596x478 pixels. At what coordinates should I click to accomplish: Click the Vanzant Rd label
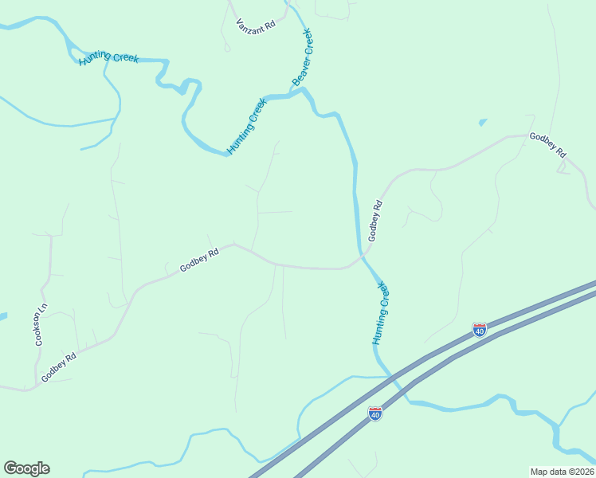pyautogui.click(x=256, y=25)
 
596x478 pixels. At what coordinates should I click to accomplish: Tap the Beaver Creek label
pyautogui.click(x=302, y=57)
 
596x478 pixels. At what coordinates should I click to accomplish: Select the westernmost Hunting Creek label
pyautogui.click(x=108, y=58)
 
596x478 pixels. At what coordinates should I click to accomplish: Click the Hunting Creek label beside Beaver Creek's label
pyautogui.click(x=246, y=125)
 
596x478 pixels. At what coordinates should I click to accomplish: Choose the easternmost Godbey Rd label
pyautogui.click(x=548, y=144)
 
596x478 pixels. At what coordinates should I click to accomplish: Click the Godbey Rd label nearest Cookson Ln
pyautogui.click(x=59, y=366)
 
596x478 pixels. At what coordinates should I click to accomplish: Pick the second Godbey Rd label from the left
pyautogui.click(x=199, y=261)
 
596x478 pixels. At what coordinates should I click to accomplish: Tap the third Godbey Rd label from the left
pyautogui.click(x=376, y=221)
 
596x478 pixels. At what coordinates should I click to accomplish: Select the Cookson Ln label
pyautogui.click(x=41, y=325)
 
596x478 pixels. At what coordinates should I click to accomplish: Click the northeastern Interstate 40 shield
pyautogui.click(x=480, y=329)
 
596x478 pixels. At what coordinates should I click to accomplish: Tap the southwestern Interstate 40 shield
pyautogui.click(x=375, y=413)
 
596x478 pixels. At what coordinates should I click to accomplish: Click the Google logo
pyautogui.click(x=26, y=468)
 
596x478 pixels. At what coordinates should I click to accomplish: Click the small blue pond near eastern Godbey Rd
pyautogui.click(x=482, y=123)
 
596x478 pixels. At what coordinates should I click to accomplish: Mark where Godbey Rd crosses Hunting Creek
pyautogui.click(x=361, y=256)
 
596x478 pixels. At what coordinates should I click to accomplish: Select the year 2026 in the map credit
pyautogui.click(x=582, y=471)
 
